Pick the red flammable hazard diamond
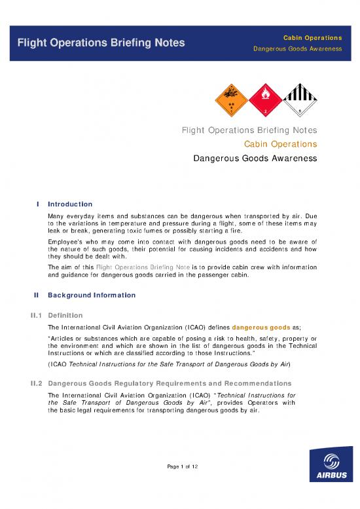click(x=265, y=97)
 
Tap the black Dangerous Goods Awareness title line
click(x=255, y=158)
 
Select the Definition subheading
click(x=65, y=314)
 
